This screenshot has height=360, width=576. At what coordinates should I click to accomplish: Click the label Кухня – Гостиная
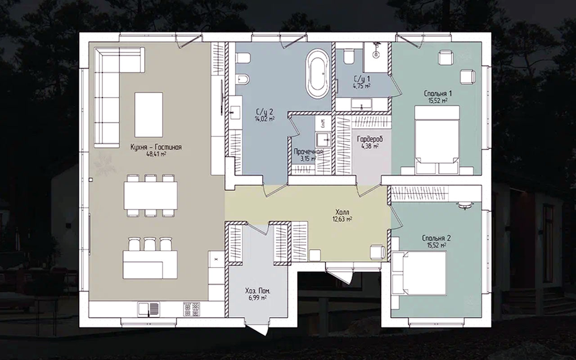point(156,147)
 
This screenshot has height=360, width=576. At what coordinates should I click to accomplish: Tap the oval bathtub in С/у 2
point(318,73)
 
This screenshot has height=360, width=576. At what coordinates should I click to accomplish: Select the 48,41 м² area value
point(156,154)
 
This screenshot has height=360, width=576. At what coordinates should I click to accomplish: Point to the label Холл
point(342,212)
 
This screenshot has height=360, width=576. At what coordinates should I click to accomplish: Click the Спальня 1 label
point(434,93)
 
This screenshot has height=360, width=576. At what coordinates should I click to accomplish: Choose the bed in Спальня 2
point(419,273)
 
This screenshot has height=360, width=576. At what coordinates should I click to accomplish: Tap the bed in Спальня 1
point(437,139)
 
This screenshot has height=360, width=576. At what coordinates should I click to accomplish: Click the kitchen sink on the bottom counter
point(148,309)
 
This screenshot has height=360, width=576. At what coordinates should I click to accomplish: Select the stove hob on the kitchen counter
point(192,309)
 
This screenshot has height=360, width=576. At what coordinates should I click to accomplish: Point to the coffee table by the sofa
point(148,115)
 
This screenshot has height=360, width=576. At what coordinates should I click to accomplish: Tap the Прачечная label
point(308,152)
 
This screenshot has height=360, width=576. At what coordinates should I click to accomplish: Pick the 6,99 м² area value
point(257,298)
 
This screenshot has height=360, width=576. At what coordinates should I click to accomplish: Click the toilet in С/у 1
point(349,57)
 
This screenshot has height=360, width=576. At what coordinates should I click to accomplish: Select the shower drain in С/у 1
point(376,54)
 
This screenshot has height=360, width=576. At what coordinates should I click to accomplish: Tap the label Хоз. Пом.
point(258,291)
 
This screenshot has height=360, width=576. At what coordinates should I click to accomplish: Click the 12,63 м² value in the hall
point(342,219)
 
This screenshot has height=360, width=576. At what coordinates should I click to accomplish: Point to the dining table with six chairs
point(151,195)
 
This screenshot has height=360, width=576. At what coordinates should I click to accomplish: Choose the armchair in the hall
point(378,252)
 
